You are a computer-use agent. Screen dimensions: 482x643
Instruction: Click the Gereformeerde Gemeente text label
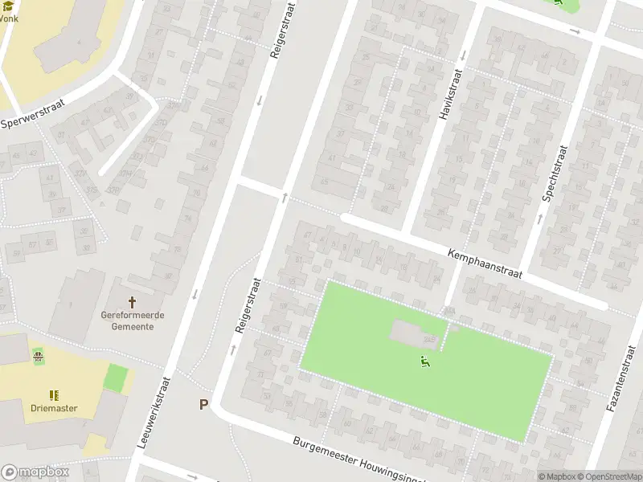pyautogui.click(x=133, y=321)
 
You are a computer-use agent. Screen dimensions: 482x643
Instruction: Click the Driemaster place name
pyautogui.click(x=55, y=408)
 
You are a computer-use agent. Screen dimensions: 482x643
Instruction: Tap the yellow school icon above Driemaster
pyautogui.click(x=54, y=394)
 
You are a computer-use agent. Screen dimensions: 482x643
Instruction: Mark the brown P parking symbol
pyautogui.click(x=204, y=405)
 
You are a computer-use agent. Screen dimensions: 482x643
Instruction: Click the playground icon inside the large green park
pyautogui.click(x=425, y=362)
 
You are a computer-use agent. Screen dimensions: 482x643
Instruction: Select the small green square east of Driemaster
pyautogui.click(x=117, y=378)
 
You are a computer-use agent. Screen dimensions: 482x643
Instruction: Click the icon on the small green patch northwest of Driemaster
pyautogui.click(x=38, y=355)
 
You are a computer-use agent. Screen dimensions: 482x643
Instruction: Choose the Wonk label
pyautogui.click(x=8, y=18)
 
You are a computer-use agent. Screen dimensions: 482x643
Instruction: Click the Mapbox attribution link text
pyautogui.click(x=558, y=476)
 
